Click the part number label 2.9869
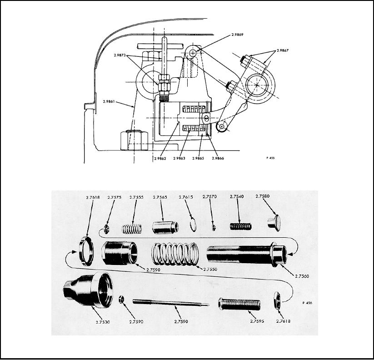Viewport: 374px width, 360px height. (x=237, y=35)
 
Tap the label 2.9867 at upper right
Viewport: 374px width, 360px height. (x=282, y=50)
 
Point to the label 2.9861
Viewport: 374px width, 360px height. (x=109, y=102)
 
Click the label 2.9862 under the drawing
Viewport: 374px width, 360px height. (x=160, y=159)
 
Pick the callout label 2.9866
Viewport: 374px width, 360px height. (x=218, y=158)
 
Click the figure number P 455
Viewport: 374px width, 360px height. (x=270, y=158)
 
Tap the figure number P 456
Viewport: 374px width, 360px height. (x=307, y=303)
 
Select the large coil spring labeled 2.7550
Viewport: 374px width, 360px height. (x=175, y=254)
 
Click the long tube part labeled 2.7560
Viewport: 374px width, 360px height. (x=247, y=255)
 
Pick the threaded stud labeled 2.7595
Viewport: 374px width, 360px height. (x=239, y=304)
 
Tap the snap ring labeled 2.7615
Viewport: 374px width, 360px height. (x=193, y=226)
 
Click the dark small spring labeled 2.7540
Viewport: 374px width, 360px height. (x=241, y=226)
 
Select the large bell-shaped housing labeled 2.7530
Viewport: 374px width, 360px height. (x=88, y=290)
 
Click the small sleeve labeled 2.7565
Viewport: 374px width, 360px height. (x=165, y=227)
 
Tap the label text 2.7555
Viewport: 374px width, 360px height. (x=136, y=197)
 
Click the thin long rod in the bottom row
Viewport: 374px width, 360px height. (x=170, y=303)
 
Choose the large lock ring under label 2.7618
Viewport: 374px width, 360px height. (x=86, y=251)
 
